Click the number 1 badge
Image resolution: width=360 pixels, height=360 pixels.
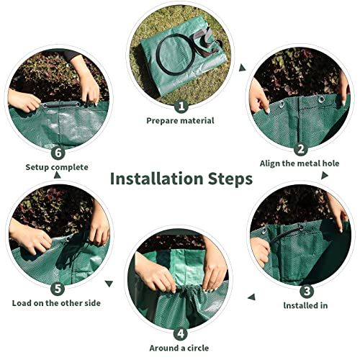point(180,105)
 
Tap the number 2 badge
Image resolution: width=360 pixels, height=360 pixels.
point(300,148)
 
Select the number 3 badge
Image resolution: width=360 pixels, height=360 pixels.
point(306,291)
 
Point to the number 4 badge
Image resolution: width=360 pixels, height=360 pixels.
point(180,333)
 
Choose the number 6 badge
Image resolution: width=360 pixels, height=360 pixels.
point(58,152)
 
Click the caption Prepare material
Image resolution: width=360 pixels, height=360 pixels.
point(180,120)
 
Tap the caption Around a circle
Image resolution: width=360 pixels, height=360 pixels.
point(180,348)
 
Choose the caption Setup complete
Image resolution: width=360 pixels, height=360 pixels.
point(57,167)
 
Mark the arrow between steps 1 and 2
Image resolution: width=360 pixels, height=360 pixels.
point(243,68)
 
